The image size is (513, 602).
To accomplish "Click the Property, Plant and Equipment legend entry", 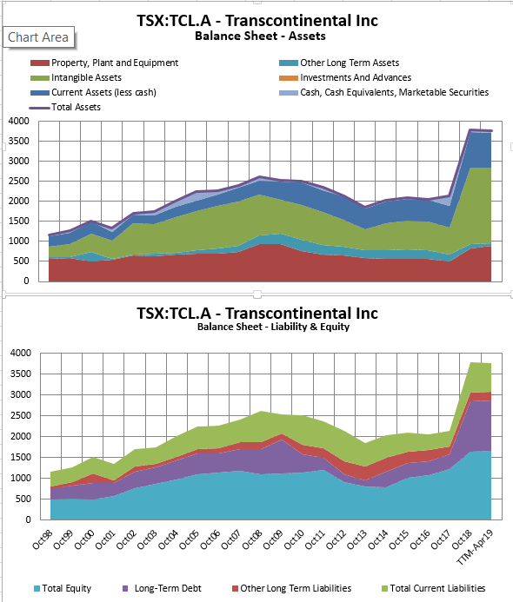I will [114, 63].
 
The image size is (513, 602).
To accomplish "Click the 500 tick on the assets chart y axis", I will [21, 261].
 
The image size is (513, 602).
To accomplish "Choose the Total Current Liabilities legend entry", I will [436, 588].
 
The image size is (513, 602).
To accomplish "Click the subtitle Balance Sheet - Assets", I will [257, 36].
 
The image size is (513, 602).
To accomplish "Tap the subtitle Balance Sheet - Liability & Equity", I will [257, 327].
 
